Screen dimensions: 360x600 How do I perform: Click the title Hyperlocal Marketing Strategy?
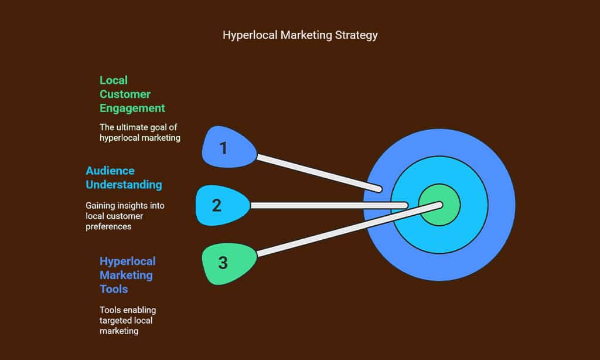(300, 35)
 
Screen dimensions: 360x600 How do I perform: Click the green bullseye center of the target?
(439, 205)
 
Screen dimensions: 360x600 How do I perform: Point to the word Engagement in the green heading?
(132, 108)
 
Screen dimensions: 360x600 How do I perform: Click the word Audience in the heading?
(110, 171)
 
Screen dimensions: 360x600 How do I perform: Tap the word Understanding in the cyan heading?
(124, 185)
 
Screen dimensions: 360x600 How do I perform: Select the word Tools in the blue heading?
(114, 289)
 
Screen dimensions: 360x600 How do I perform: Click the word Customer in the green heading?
(125, 94)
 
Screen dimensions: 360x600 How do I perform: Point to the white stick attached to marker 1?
(319, 173)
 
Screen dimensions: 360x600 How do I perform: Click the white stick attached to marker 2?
(328, 205)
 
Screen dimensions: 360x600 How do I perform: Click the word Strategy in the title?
(356, 35)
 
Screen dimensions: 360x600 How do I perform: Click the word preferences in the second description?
(109, 226)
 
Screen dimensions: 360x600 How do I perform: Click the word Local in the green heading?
(114, 80)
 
